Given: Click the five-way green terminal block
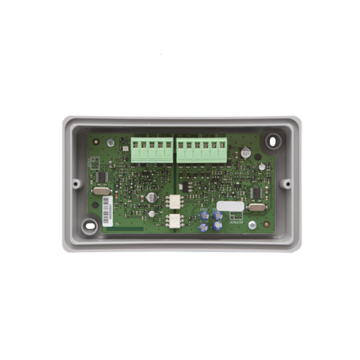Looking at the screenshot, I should (x=148, y=151).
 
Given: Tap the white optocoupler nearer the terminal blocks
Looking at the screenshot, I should (x=174, y=202).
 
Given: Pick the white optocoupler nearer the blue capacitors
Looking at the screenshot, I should (x=174, y=220).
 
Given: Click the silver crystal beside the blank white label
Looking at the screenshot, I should (x=255, y=209).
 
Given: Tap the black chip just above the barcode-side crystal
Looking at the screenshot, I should (x=100, y=177).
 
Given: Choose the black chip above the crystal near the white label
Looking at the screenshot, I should (x=255, y=193).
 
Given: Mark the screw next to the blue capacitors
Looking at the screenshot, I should (x=251, y=225).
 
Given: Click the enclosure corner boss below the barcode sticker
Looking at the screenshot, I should (x=89, y=225).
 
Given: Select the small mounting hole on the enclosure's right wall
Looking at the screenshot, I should (x=286, y=183).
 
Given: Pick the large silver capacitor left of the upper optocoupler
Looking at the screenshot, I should (x=152, y=195).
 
